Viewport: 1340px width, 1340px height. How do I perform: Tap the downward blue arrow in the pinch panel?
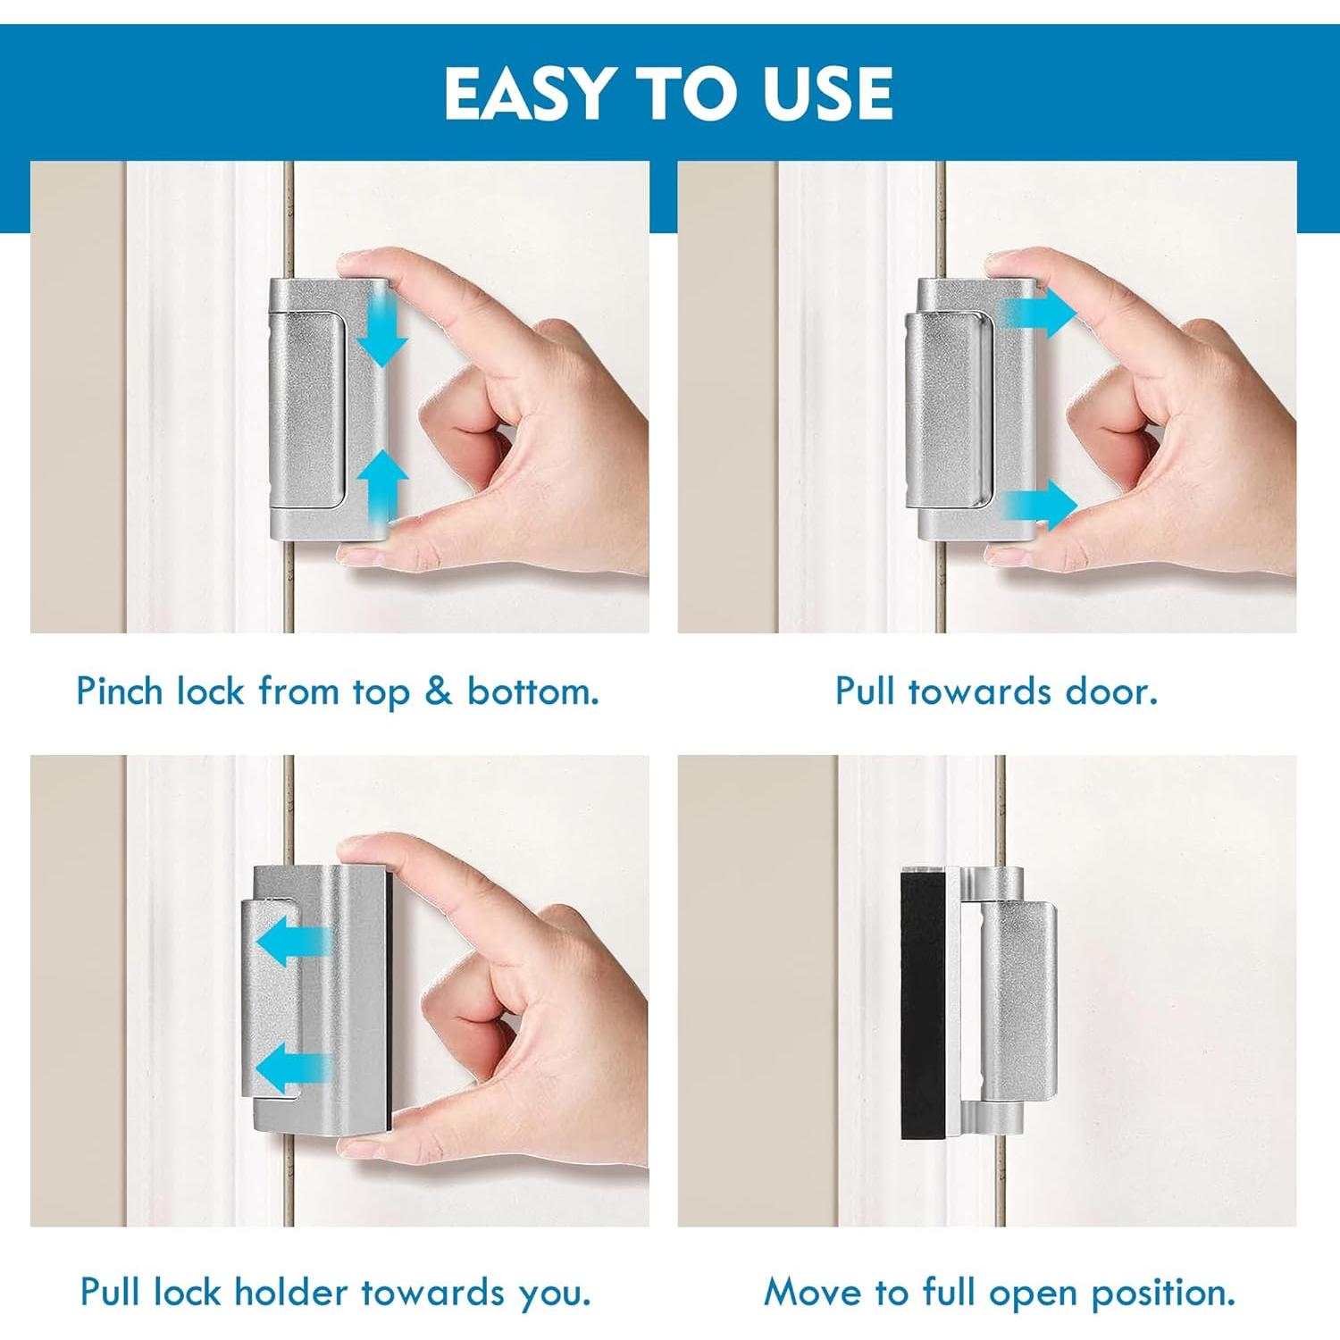385,336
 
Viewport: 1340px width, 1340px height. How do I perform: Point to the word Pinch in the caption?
120,691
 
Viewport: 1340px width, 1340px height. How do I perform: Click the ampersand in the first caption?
438,691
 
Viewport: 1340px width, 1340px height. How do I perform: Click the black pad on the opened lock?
923,1005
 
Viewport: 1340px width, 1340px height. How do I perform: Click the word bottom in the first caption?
532,691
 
